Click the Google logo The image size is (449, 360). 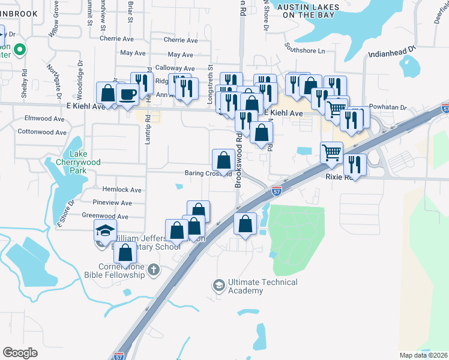[x=20, y=352]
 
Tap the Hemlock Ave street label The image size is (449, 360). [x=121, y=190]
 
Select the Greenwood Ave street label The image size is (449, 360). [x=105, y=216]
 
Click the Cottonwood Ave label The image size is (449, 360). [x=41, y=131]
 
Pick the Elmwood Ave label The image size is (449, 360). [x=44, y=119]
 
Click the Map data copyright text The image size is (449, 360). [x=424, y=355]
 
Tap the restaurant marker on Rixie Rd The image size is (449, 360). [x=355, y=164]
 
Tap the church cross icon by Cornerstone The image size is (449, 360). [x=153, y=269]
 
